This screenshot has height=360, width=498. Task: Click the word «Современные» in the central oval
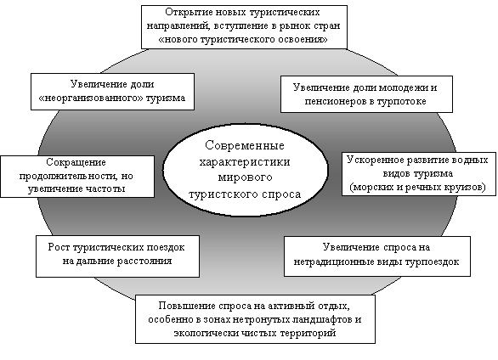(245, 145)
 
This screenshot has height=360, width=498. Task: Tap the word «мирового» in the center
(246, 177)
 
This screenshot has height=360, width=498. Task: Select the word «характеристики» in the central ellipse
(245, 162)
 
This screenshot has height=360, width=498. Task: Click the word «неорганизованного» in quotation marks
(91, 98)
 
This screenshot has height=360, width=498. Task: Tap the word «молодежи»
(404, 87)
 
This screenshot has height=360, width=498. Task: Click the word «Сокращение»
(76, 162)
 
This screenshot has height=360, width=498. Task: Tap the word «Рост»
(59, 247)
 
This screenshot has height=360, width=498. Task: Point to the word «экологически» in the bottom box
(207, 334)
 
